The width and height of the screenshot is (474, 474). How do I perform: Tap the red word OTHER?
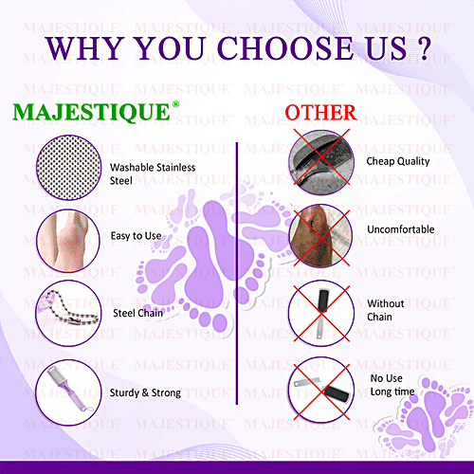tap(320, 113)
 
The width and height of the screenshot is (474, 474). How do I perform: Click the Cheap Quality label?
tap(399, 161)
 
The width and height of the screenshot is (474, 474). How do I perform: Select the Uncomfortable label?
tap(401, 230)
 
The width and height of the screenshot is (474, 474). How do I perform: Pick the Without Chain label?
tap(386, 310)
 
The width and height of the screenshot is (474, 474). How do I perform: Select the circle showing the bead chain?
tap(66, 310)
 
